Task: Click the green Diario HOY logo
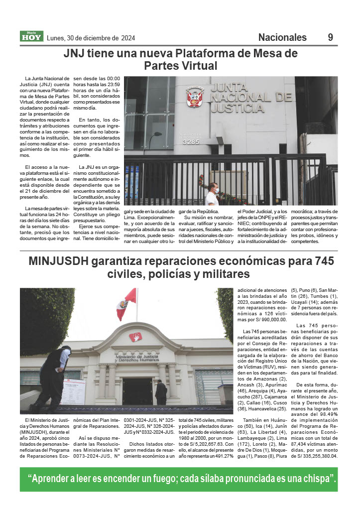pos(32,36)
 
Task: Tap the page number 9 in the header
pos(330,37)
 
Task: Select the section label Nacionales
pos(282,37)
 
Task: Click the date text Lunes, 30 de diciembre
pos(91,38)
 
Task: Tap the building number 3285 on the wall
pos(191,141)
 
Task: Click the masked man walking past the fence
pos(212,194)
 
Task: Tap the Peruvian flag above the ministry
pos(126,304)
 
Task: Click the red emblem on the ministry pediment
pos(135,337)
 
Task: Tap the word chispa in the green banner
pos(317,479)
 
